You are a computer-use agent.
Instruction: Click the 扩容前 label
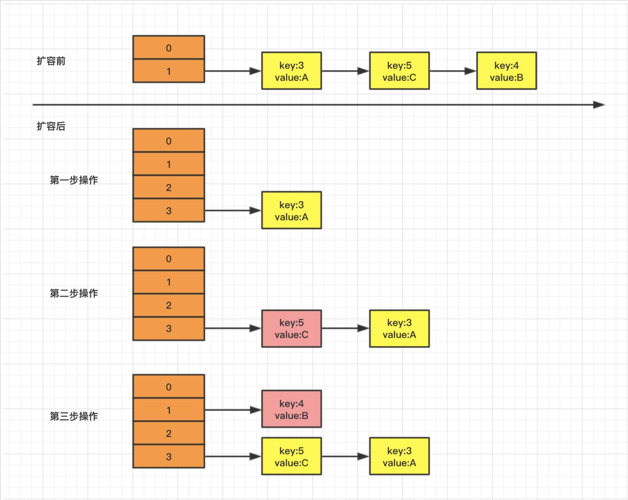coord(51,61)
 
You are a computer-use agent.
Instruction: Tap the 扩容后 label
coord(51,126)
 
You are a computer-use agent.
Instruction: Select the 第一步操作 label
coord(74,180)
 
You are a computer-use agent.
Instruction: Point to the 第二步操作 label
coord(74,293)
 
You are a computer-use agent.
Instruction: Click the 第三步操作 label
coord(74,417)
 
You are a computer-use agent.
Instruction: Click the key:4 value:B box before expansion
coord(506,71)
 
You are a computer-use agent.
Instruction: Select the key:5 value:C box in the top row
coord(399,71)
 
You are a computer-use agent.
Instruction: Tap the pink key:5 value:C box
coord(291,329)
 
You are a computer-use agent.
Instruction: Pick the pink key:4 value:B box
coord(291,409)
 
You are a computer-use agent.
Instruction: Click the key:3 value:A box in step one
coord(291,210)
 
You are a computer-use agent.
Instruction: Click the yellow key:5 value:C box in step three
coord(291,457)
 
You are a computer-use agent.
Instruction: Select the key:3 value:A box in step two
coord(399,329)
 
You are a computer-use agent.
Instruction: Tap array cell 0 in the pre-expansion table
coord(169,48)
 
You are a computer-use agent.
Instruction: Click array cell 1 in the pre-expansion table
coord(169,71)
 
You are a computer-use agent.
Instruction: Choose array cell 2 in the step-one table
coord(169,187)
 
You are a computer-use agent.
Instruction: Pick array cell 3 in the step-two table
coord(169,329)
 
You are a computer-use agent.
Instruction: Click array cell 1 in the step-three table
coord(169,410)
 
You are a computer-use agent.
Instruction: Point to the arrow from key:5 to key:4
coord(452,71)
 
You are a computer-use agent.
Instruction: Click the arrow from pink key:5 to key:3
coord(345,329)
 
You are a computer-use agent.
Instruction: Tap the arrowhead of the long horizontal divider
coord(599,105)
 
